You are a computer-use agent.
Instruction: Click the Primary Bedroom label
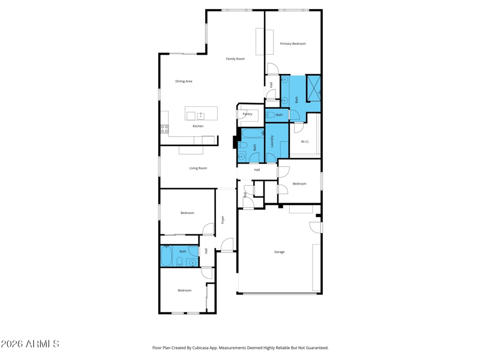(x=293, y=43)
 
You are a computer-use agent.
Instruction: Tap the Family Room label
(x=235, y=58)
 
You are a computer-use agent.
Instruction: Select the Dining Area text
(x=184, y=81)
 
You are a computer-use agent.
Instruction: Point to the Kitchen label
(x=198, y=126)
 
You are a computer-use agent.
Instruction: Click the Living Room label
(x=198, y=168)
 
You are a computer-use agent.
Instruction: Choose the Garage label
(x=279, y=252)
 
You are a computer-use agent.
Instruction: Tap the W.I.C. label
(x=305, y=142)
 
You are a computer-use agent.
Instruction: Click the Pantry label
(x=247, y=114)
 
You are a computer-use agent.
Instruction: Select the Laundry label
(x=272, y=141)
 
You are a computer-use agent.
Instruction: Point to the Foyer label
(x=222, y=219)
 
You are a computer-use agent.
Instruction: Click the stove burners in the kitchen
(x=164, y=129)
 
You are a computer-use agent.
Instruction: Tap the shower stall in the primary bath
(x=313, y=88)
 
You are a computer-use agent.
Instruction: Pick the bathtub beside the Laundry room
(x=253, y=133)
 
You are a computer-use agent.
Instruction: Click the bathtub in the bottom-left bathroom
(x=166, y=256)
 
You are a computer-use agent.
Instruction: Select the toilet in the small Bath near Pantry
(x=270, y=115)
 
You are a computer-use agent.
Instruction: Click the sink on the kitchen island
(x=201, y=115)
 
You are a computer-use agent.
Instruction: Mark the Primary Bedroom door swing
(x=273, y=69)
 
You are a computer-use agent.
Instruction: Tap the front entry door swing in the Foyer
(x=227, y=245)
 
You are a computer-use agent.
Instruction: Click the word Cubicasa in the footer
(x=200, y=348)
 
